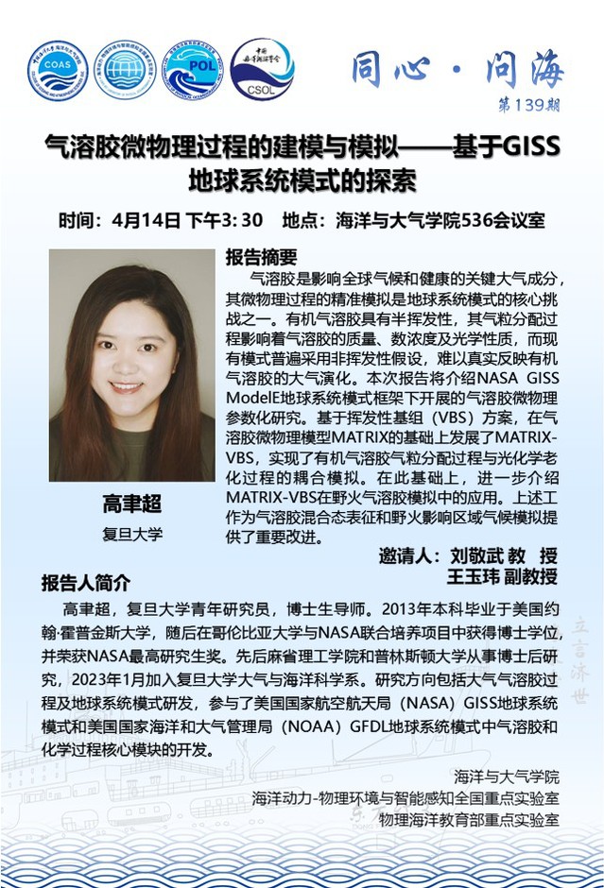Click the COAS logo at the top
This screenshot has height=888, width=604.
(57, 72)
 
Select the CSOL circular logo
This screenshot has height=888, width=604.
(262, 70)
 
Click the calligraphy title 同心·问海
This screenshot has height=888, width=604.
(457, 68)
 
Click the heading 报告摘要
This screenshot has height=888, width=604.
(262, 256)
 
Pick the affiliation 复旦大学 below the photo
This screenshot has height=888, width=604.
(132, 534)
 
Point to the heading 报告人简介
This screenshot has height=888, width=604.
(86, 581)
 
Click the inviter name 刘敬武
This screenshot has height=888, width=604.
(479, 555)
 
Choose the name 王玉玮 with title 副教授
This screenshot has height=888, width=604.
(481, 575)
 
